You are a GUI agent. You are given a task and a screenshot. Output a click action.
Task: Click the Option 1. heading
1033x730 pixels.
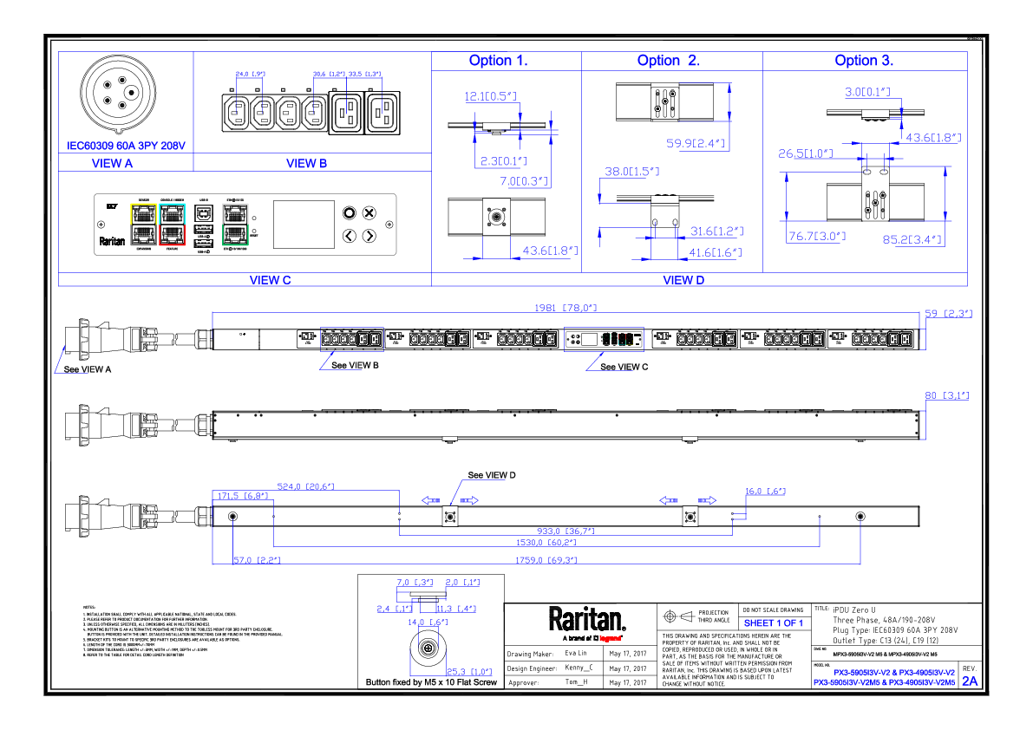(x=498, y=61)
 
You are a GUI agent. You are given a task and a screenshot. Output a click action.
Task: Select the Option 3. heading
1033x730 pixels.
(x=864, y=61)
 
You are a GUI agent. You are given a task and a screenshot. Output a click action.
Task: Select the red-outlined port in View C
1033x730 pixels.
(x=173, y=234)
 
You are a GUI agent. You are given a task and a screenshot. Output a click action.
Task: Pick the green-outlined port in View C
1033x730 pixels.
(x=234, y=233)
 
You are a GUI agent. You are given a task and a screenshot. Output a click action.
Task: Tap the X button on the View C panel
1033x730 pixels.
(x=369, y=212)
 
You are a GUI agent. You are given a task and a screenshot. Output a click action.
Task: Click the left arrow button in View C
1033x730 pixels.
(x=349, y=235)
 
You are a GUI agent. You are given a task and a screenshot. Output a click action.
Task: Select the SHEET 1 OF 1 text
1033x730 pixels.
(x=773, y=623)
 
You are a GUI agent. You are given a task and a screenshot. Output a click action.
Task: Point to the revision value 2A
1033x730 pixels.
(x=970, y=681)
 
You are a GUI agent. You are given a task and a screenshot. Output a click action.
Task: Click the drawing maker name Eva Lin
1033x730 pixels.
(x=576, y=653)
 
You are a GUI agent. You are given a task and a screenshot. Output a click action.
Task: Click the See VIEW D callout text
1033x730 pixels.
(x=492, y=475)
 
